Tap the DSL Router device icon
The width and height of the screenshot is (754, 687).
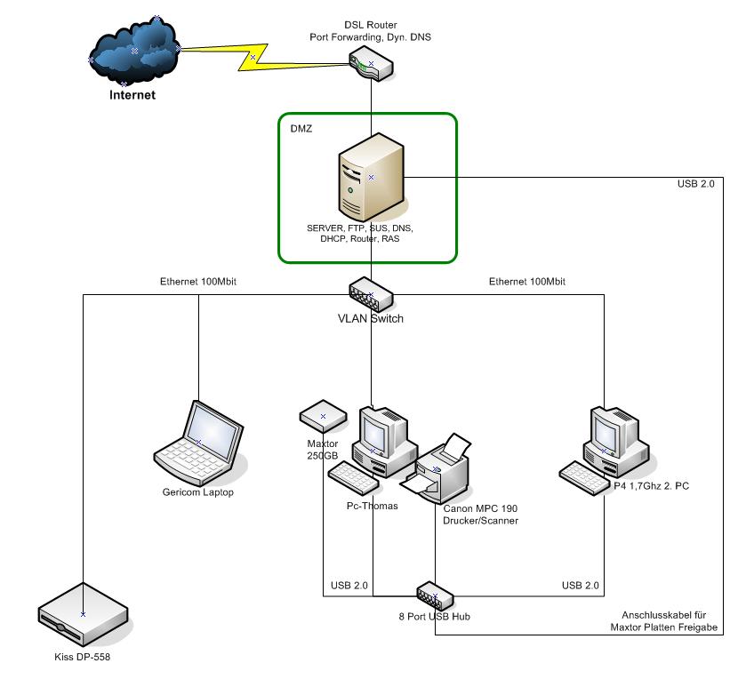tap(370, 65)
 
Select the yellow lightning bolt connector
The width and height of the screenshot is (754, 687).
tap(253, 57)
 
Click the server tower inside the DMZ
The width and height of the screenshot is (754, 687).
tap(369, 177)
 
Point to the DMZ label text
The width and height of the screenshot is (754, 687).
tap(301, 129)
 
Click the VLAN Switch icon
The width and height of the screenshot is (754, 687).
tap(371, 292)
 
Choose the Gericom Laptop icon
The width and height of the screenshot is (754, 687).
tap(199, 441)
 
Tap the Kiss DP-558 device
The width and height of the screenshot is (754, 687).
tap(82, 614)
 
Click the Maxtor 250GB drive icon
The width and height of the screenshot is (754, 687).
tap(322, 415)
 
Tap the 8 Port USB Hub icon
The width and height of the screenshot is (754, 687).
tap(435, 592)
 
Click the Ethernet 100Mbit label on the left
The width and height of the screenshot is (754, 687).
tap(198, 282)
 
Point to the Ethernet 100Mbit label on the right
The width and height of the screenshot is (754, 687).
tap(527, 282)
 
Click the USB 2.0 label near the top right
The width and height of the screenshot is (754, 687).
tap(694, 184)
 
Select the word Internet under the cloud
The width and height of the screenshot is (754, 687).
tap(132, 94)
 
